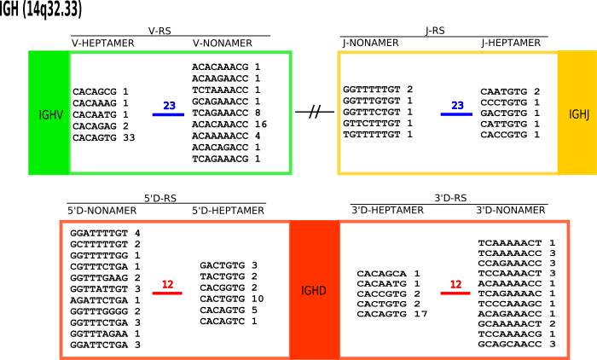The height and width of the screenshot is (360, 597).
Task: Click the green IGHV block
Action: (48, 113)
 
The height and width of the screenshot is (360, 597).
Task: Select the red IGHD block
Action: (314, 289)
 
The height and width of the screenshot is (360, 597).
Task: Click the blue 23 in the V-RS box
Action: (169, 107)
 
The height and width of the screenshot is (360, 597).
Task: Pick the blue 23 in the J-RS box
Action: (457, 107)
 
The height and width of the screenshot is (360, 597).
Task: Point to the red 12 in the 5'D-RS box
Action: (167, 286)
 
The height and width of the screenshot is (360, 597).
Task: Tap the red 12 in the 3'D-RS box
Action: (455, 286)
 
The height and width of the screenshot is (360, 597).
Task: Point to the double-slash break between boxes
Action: (314, 113)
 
